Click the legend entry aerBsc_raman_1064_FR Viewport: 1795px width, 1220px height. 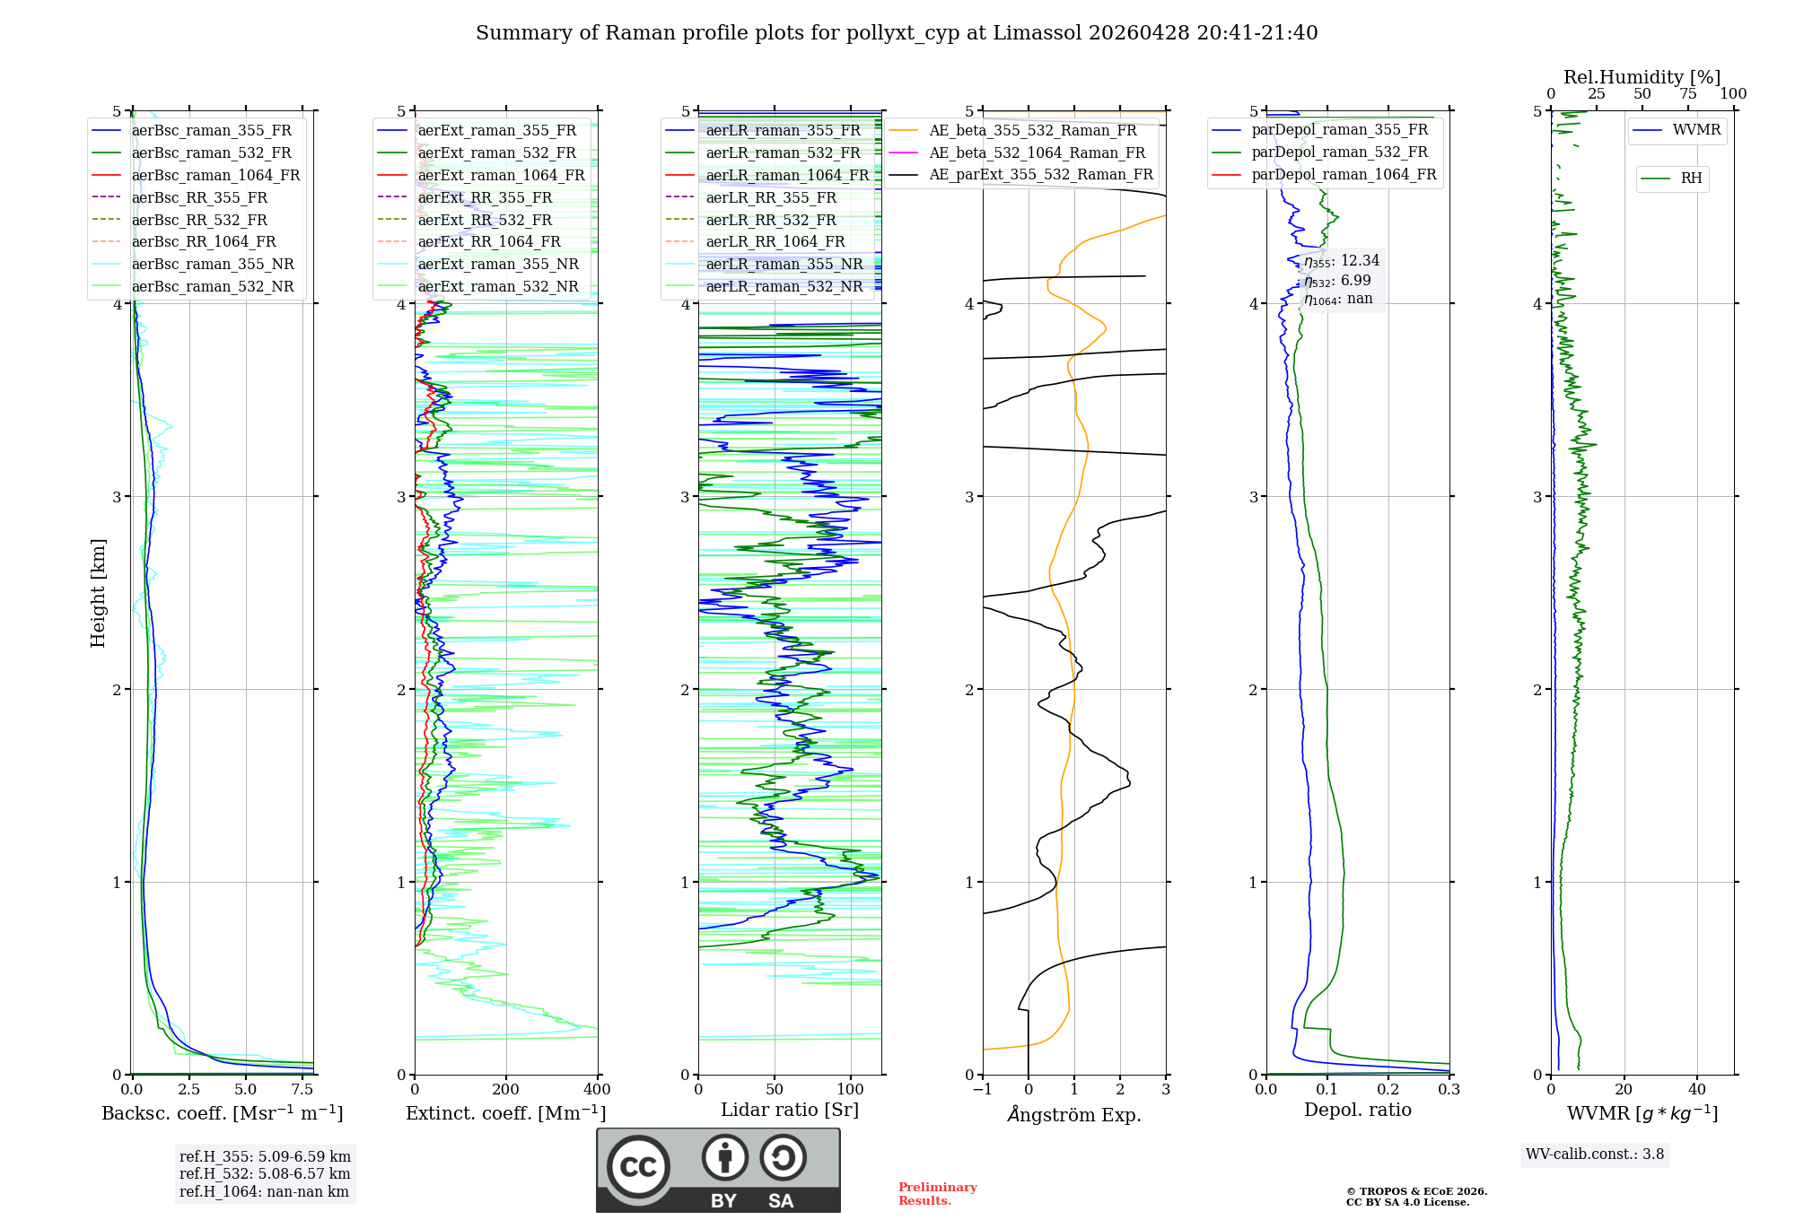(215, 176)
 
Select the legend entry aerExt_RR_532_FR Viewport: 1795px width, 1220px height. (485, 220)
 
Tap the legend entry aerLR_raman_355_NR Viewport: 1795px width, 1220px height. (784, 265)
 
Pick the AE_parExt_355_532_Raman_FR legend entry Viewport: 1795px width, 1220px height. (1041, 175)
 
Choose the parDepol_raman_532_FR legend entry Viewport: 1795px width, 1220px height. (1339, 152)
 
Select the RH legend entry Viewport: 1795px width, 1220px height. (1691, 179)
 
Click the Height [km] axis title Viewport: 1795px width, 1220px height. (98, 593)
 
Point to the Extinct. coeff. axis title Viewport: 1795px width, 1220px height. (505, 1113)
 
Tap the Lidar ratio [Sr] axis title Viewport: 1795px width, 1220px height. (789, 1110)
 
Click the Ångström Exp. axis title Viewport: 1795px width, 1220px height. (1073, 1114)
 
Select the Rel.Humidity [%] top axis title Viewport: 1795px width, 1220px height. (1642, 77)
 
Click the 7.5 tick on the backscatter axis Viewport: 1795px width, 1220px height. (302, 1090)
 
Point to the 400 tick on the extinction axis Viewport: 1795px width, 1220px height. (597, 1090)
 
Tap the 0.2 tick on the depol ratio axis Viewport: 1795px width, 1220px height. (1388, 1090)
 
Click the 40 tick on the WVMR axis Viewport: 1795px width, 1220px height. (1696, 1090)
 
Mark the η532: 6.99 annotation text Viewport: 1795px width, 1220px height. (1337, 281)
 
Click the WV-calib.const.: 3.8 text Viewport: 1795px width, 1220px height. (1594, 1155)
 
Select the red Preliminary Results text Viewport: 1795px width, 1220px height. (937, 1194)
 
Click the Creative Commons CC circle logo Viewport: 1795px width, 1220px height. (638, 1167)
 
